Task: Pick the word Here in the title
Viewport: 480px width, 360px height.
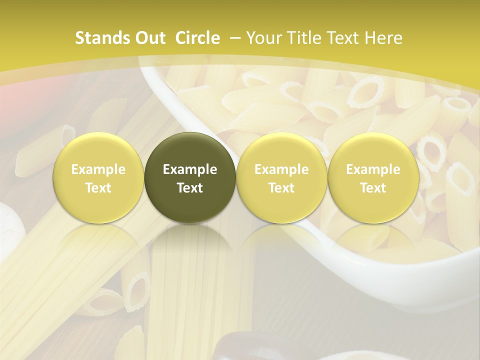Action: tap(383, 38)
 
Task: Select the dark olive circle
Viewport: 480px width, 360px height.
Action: tap(190, 177)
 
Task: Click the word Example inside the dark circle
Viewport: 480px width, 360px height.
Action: tap(190, 169)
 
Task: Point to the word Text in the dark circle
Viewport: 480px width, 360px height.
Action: tap(190, 188)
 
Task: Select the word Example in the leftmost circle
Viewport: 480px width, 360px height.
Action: tap(98, 169)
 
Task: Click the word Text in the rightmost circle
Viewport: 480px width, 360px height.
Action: tap(373, 188)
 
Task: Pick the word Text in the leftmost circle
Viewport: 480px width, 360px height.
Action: tap(98, 188)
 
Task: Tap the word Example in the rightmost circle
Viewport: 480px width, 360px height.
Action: tap(373, 169)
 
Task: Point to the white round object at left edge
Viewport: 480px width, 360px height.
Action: tap(11, 223)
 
